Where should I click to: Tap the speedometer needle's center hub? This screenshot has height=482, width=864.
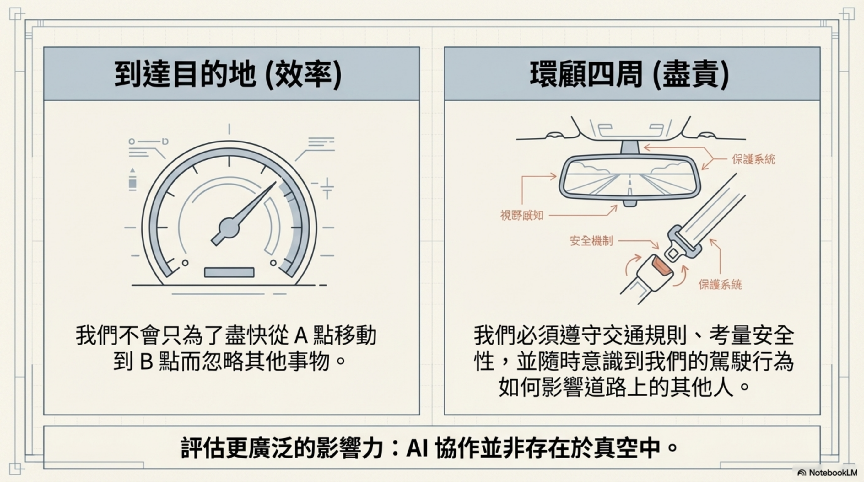tap(229, 228)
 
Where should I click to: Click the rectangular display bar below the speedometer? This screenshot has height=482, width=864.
tap(229, 272)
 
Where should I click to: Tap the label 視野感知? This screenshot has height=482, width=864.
tap(521, 215)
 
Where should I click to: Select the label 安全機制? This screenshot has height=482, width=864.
tap(591, 241)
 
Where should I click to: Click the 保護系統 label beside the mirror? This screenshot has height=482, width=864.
tap(753, 159)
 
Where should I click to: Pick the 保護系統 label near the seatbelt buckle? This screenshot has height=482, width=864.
tap(720, 285)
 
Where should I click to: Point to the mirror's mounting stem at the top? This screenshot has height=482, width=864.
tap(629, 147)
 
